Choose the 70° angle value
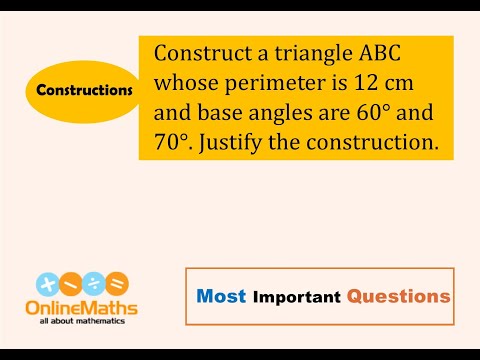[174, 143]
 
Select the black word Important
[297, 297]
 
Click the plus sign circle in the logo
[45, 284]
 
